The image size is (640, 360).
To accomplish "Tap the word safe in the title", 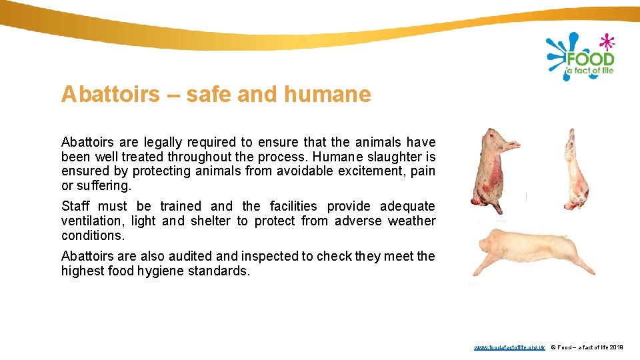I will click(209, 95).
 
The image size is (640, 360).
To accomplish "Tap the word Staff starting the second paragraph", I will click(76, 207).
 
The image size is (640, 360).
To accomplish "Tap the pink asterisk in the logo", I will click(607, 41).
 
